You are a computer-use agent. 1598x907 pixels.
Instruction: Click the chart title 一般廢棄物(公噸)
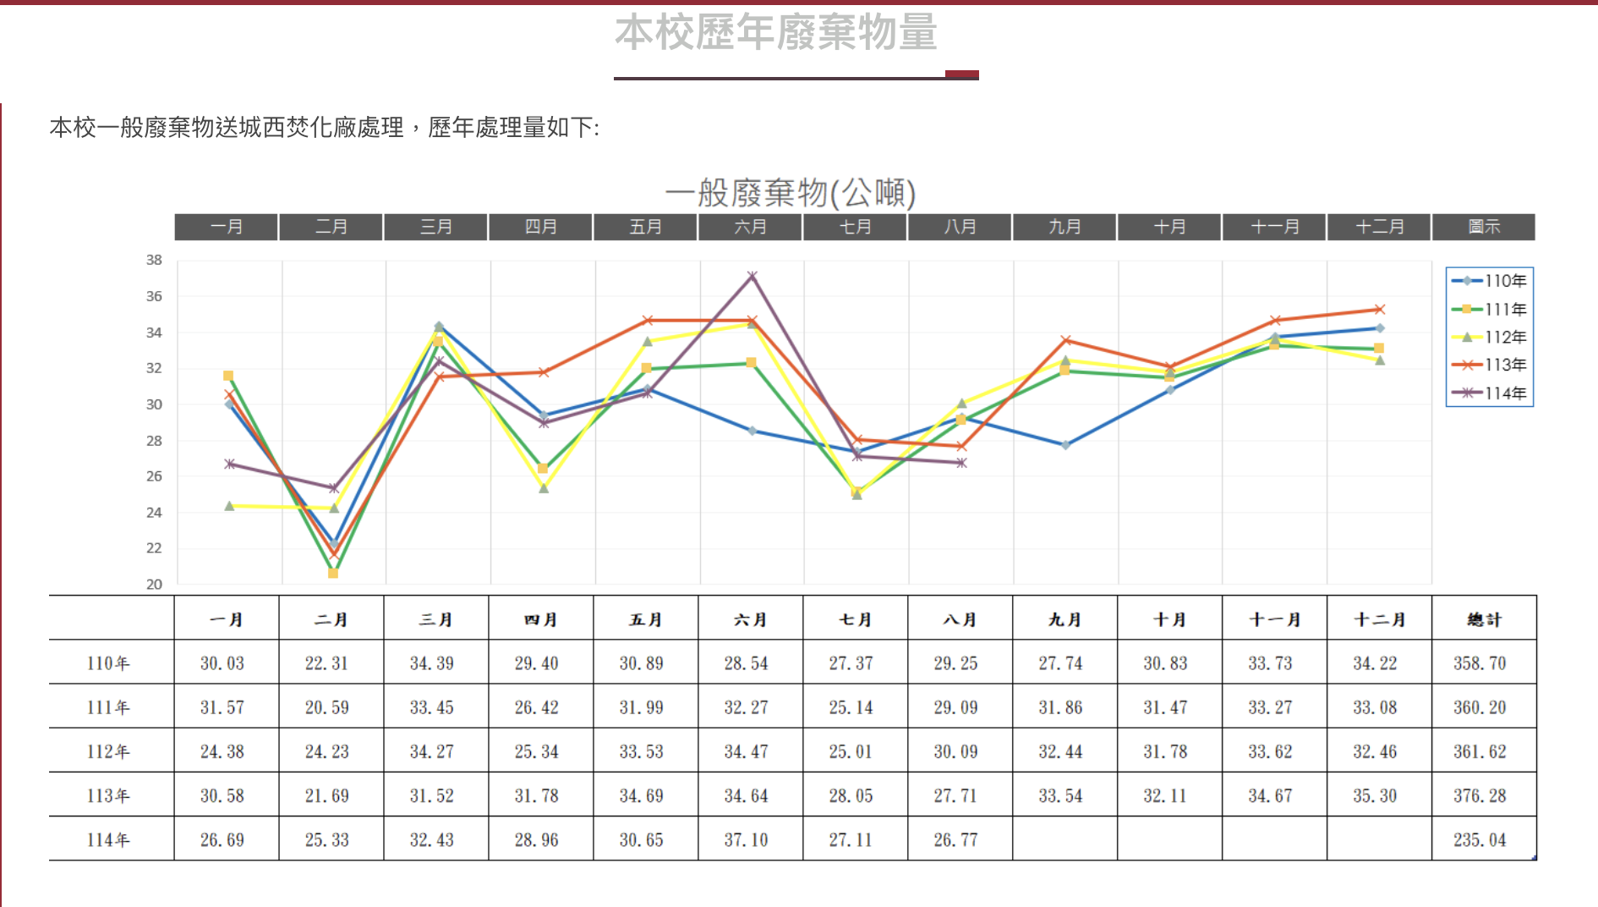790,193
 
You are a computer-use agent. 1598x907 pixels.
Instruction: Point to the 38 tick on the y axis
154,261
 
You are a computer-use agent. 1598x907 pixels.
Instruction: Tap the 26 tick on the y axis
154,476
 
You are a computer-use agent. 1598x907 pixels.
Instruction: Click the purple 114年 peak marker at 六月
752,277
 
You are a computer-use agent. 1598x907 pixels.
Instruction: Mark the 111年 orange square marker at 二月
333,574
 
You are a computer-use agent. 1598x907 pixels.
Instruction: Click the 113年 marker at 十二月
1379,310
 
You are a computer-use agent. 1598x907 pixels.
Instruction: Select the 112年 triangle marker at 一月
229,506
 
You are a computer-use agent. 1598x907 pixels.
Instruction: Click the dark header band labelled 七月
855,227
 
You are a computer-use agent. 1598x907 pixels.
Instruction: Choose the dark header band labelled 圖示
1484,227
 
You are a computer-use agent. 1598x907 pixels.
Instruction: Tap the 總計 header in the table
1484,619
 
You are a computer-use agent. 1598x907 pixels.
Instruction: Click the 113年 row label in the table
108,796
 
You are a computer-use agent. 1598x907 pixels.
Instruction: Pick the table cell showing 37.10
746,840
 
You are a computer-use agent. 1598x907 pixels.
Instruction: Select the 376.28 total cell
1480,796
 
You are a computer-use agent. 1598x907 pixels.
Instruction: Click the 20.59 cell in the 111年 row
326,707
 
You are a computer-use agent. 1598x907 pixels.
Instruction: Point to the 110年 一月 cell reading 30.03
222,663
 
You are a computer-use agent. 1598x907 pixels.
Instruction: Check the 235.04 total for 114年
1480,840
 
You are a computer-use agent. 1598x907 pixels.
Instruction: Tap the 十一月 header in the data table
1274,619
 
